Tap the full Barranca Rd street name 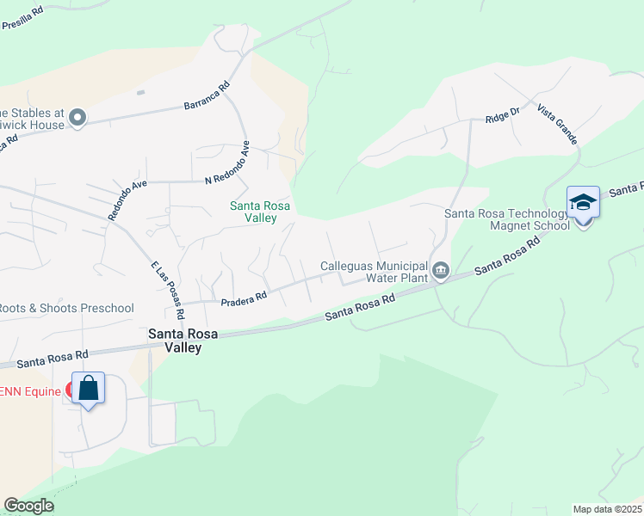(207, 96)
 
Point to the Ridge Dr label (503, 114)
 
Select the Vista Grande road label (556, 125)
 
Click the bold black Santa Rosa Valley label (175, 341)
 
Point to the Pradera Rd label (244, 298)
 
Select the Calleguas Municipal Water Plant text (374, 272)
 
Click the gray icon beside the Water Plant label (441, 271)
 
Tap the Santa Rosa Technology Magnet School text (506, 219)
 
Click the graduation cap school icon (583, 204)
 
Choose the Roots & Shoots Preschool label (66, 308)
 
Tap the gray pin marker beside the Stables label (77, 118)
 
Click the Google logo (28, 506)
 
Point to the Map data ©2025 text (607, 509)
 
